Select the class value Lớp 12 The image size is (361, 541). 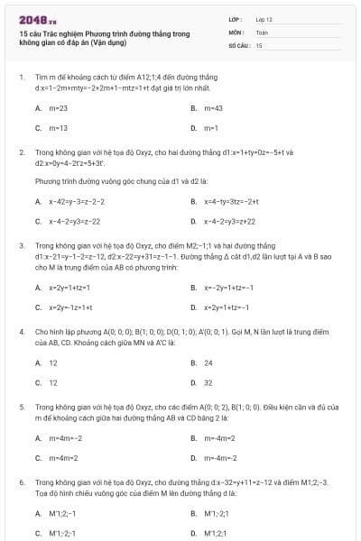click(x=264, y=18)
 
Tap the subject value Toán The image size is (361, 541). click(x=262, y=31)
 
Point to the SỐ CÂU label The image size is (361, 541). click(x=237, y=43)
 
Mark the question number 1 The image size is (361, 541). click(x=21, y=78)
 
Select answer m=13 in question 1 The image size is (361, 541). click(x=58, y=127)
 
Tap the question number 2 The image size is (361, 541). click(x=21, y=152)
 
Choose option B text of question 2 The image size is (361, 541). click(x=231, y=201)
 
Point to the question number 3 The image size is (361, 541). click(x=21, y=244)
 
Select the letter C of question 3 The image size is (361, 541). click(x=38, y=307)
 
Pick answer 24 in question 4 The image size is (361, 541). click(x=208, y=362)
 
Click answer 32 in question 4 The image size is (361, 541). click(x=208, y=382)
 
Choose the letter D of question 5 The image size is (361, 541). click(x=193, y=457)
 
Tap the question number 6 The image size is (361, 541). click(x=21, y=482)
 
